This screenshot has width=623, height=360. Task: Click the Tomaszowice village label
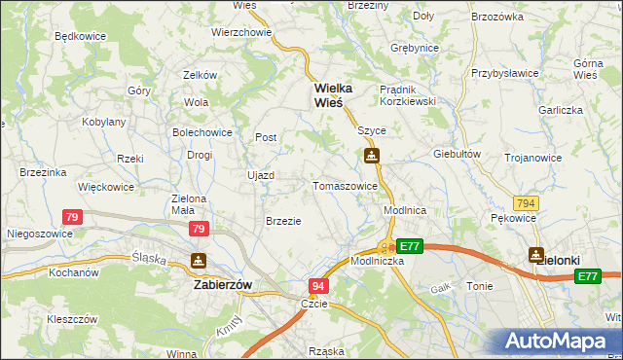(345, 186)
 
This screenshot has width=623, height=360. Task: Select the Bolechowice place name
(202, 131)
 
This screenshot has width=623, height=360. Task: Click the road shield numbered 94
(318, 286)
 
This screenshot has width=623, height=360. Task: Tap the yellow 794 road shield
(527, 202)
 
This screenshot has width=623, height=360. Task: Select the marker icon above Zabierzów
(199, 261)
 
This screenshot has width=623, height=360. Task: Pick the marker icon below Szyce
(371, 156)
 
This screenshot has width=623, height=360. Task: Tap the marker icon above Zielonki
(535, 255)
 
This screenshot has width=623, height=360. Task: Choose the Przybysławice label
(505, 74)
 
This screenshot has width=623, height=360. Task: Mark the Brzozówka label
(497, 18)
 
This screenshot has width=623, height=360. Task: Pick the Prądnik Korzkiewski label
(410, 94)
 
